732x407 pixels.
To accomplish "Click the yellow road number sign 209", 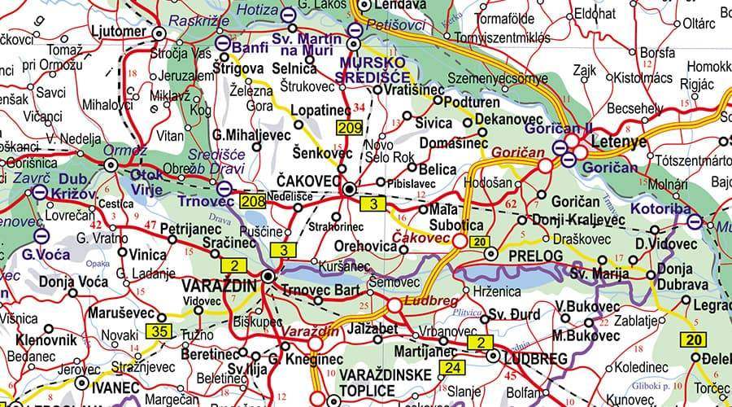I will pos(351,127).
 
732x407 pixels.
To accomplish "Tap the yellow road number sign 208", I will pos(253,199).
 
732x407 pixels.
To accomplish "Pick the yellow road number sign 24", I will pos(453,368).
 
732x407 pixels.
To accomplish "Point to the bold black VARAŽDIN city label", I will pos(219,287).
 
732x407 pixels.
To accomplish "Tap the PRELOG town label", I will pos(535,256).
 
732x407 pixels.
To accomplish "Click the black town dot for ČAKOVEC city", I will pos(349,189).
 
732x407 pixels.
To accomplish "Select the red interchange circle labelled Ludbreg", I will pos(394,305).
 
